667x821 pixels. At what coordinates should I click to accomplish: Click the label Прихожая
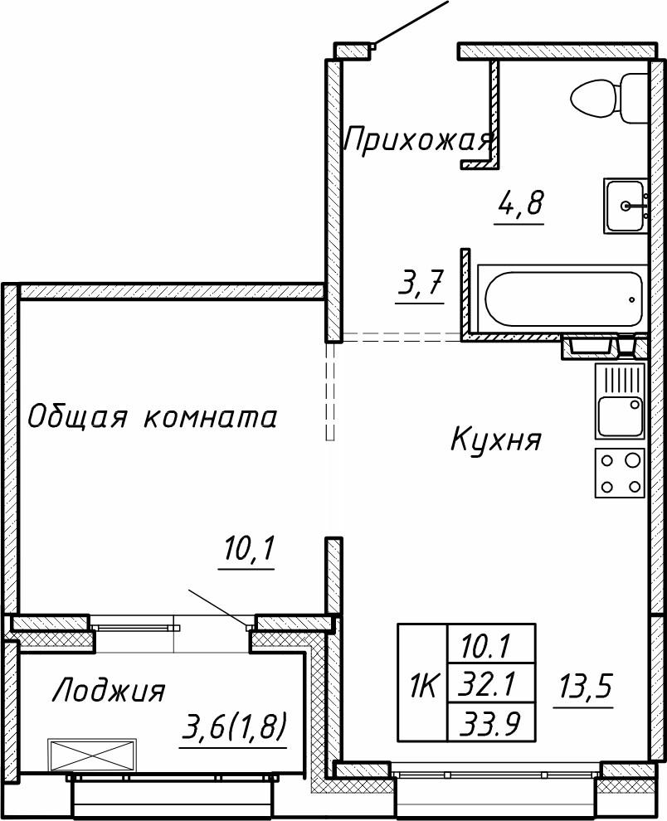click(x=419, y=140)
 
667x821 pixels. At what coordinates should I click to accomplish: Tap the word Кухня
click(x=496, y=439)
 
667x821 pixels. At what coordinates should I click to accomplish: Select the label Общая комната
click(x=152, y=416)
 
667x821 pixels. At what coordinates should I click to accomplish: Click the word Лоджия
click(x=109, y=690)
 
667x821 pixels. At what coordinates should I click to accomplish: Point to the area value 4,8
click(x=520, y=203)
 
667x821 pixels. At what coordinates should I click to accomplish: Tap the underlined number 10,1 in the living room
click(x=248, y=550)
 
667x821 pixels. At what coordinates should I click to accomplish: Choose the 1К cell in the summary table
click(x=423, y=685)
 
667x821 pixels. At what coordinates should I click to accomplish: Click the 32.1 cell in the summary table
click(x=489, y=683)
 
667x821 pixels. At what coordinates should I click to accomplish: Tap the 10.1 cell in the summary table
click(x=489, y=643)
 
